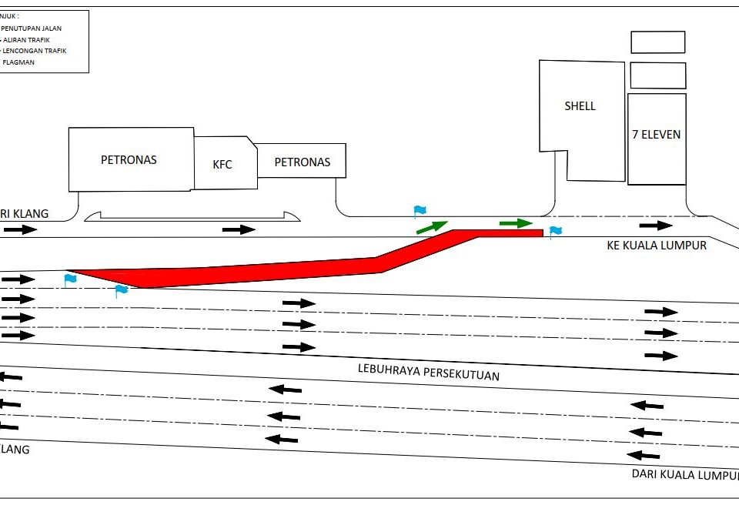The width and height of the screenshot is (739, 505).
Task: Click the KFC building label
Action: click(x=222, y=164)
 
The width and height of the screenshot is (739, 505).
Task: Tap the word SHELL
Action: click(x=580, y=106)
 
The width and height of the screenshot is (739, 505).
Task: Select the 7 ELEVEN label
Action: click(x=656, y=135)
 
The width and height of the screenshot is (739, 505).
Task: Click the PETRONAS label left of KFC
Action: click(x=129, y=160)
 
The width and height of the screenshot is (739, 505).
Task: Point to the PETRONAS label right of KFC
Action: click(x=302, y=162)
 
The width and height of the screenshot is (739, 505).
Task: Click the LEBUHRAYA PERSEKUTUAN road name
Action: click(x=429, y=371)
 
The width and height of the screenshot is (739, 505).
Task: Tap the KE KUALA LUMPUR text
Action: click(x=656, y=246)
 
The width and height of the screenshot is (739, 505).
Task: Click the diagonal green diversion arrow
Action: click(x=431, y=226)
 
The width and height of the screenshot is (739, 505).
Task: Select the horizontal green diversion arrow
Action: click(x=515, y=223)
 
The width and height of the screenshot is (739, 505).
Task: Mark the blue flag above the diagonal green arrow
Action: click(x=420, y=210)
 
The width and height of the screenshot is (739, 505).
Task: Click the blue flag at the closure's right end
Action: click(x=555, y=231)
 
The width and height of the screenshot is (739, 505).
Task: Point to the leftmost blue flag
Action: click(x=70, y=279)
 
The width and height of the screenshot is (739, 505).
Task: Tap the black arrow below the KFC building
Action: click(x=239, y=229)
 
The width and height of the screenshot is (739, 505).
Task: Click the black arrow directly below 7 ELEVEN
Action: click(x=656, y=225)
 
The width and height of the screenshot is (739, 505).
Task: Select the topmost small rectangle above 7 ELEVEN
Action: click(x=657, y=42)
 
